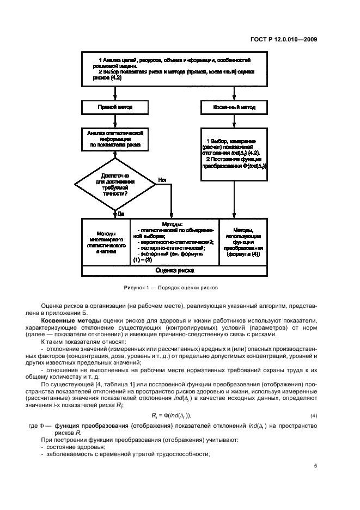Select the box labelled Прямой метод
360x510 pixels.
click(114, 107)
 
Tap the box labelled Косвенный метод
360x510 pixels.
click(235, 107)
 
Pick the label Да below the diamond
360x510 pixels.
click(120, 213)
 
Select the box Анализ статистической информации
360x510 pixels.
click(114, 138)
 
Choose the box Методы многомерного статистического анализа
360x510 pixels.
click(106, 242)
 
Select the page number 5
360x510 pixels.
click(315, 465)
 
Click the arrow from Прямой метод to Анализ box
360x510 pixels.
click(114, 120)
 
